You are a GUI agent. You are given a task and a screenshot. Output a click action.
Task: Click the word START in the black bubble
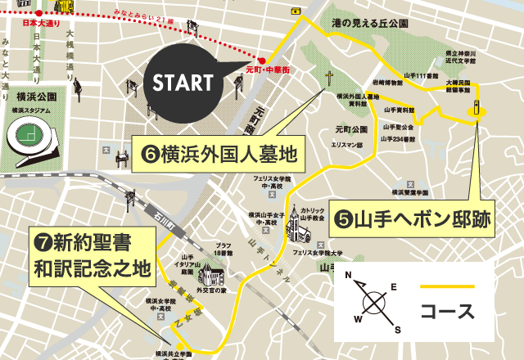tap(183, 82)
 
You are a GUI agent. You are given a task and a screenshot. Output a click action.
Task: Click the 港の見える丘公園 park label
tap(373, 23)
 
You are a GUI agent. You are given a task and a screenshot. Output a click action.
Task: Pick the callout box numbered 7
tap(92, 256)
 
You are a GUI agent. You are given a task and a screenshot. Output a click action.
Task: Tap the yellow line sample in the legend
tap(446, 286)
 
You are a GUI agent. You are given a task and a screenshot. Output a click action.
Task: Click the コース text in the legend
tap(446, 311)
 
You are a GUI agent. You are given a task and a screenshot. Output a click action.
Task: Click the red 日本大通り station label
tap(20, 22)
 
